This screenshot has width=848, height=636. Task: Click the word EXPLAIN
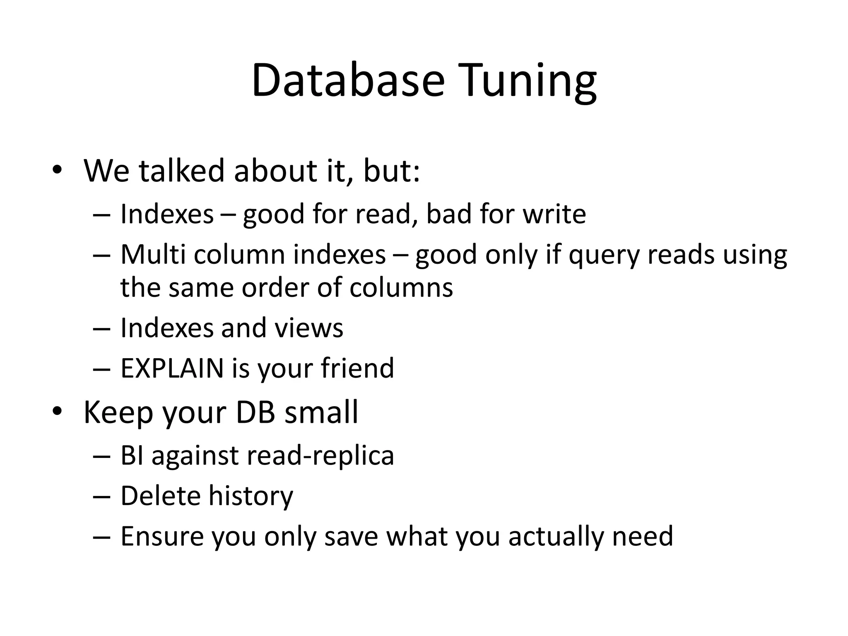[x=172, y=368]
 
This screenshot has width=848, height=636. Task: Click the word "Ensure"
[x=162, y=536]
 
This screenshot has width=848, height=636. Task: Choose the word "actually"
[x=555, y=536]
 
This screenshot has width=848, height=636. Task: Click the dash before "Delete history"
[x=102, y=496]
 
